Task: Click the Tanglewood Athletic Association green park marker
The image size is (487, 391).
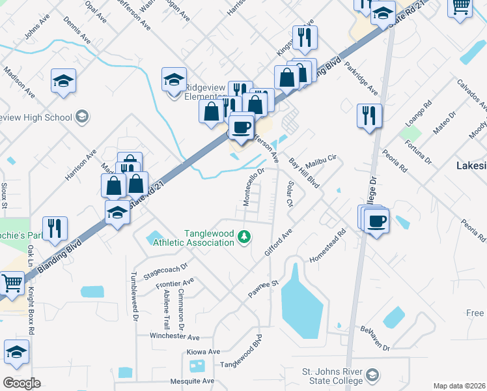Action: (245, 236)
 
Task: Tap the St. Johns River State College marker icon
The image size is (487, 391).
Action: (372, 376)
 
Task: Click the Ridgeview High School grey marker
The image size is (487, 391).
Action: (81, 117)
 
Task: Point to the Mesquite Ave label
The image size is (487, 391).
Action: (189, 381)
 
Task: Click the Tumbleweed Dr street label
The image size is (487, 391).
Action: (135, 297)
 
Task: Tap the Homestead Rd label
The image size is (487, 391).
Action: (327, 246)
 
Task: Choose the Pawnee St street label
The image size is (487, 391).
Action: (264, 290)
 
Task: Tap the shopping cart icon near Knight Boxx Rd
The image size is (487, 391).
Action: (12, 283)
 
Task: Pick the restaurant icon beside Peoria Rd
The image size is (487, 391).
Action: (369, 115)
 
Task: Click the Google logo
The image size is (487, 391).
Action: (21, 383)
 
